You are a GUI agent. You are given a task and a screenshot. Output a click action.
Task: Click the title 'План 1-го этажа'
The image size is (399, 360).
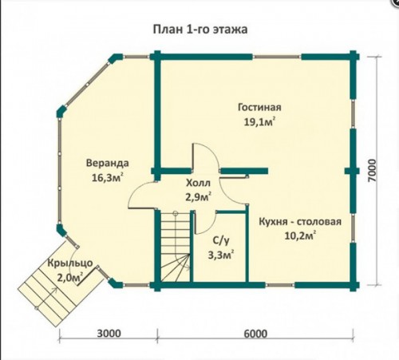tap(200, 30)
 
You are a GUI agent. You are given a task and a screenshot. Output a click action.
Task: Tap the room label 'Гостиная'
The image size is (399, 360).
tap(259, 107)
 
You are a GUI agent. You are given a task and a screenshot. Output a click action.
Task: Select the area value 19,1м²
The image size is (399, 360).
tap(259, 122)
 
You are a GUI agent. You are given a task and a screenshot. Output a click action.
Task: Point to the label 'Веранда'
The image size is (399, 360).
tap(108, 163)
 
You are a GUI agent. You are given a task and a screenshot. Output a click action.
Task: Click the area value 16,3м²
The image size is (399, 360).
tap(108, 177)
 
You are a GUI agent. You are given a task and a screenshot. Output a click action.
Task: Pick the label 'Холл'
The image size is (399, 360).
tap(198, 183)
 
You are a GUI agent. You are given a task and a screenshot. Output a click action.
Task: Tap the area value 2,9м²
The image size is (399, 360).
tap(198, 198)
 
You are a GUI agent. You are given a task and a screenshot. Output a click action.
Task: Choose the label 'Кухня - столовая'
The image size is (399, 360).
tap(300, 222)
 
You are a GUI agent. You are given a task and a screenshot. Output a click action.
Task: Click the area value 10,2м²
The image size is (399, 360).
tap(300, 235)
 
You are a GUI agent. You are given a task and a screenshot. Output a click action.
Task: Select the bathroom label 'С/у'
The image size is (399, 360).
tap(221, 241)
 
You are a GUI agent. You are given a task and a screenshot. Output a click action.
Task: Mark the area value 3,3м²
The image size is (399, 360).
tap(221, 255)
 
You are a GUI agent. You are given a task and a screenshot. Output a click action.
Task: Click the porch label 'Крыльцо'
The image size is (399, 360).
tap(70, 263)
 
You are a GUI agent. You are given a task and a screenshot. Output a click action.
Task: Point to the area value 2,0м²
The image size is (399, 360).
tap(69, 278)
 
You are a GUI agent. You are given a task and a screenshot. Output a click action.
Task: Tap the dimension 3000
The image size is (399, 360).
tap(109, 334)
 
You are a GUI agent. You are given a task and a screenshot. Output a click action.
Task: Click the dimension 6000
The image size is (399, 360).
tap(255, 334)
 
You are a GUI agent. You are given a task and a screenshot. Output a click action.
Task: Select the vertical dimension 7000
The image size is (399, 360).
tap(373, 171)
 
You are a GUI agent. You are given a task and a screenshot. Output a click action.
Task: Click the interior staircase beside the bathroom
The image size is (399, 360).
tap(176, 246)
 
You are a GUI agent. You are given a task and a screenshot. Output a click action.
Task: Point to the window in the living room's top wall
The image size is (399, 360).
tap(277, 57)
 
